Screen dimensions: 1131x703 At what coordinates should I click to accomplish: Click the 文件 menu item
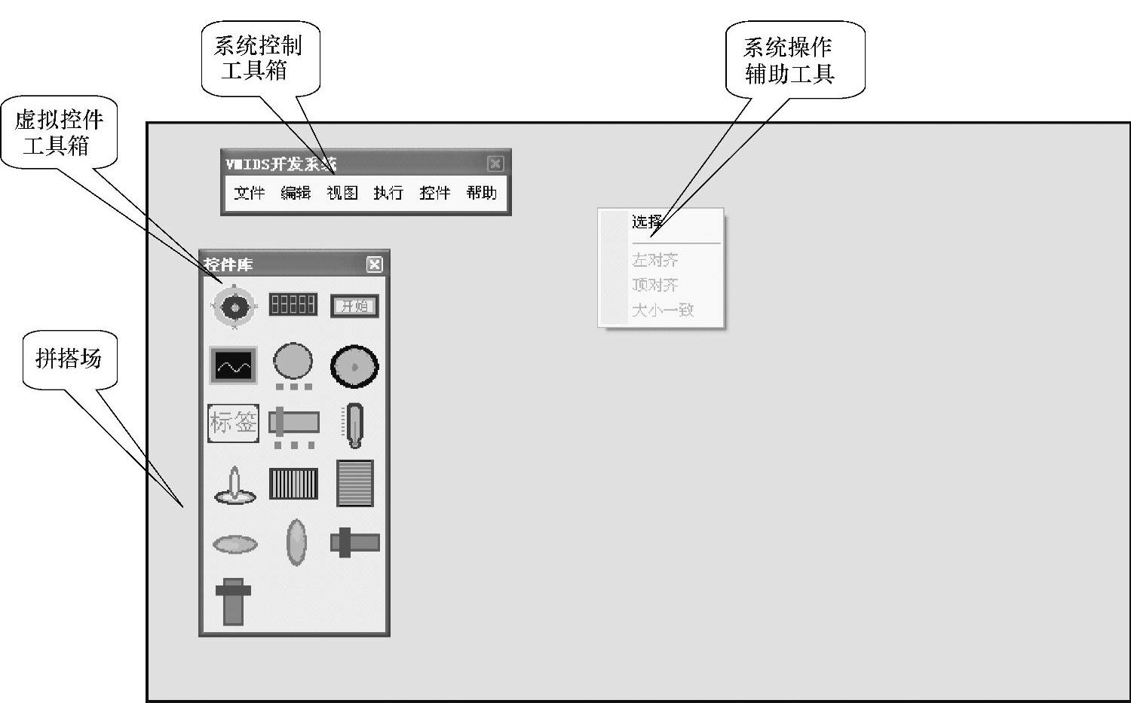(249, 194)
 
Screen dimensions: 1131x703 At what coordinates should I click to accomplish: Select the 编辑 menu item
(296, 194)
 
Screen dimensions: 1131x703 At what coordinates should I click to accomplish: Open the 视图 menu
(342, 194)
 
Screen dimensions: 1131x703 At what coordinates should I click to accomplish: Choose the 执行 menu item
(388, 194)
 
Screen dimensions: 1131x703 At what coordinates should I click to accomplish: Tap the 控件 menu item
(435, 194)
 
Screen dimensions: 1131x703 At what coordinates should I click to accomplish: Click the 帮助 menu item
(481, 194)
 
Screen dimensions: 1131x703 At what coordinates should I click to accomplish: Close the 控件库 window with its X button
(374, 264)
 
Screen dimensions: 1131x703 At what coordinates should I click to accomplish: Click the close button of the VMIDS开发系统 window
(495, 164)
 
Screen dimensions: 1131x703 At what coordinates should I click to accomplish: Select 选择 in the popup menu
(647, 222)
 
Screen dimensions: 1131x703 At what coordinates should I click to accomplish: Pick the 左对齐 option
(654, 261)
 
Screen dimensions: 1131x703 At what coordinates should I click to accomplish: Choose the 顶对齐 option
(654, 286)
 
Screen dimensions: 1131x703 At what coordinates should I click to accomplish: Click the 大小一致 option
(662, 310)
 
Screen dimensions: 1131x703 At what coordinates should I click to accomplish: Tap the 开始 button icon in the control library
(354, 306)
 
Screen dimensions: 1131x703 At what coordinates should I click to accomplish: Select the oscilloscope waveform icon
(234, 365)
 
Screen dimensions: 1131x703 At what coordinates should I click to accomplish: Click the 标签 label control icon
(234, 423)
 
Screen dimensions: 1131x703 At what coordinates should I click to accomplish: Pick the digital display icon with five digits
(293, 304)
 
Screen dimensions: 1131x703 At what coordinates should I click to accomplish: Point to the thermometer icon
(354, 424)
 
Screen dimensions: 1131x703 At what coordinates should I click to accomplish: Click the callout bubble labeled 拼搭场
(70, 359)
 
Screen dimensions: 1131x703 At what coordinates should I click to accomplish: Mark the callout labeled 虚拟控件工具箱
(59, 132)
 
